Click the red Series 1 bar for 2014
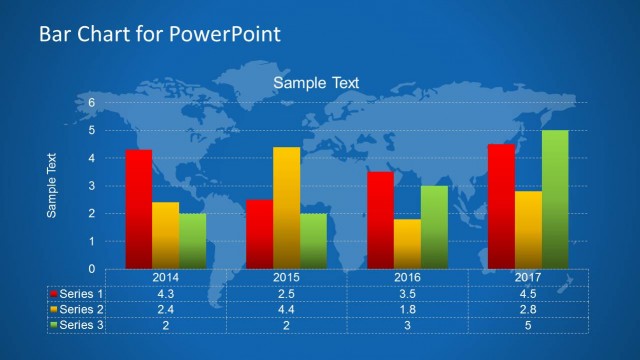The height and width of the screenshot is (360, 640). [x=139, y=209]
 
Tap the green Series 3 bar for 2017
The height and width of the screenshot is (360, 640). [x=555, y=199]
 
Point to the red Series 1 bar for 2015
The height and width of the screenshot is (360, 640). [x=259, y=234]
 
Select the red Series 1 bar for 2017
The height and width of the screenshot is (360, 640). [x=501, y=206]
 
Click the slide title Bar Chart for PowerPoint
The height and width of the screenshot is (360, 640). [x=159, y=34]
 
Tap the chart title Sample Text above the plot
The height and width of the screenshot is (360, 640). [x=316, y=83]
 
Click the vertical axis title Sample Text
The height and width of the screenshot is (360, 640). [x=52, y=185]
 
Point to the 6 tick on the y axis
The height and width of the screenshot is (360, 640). [x=90, y=102]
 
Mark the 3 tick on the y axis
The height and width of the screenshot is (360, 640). [x=90, y=186]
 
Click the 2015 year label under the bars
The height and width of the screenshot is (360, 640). [x=286, y=277]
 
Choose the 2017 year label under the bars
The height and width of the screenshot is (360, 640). [x=528, y=277]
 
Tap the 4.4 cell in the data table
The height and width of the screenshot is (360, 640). [x=286, y=309]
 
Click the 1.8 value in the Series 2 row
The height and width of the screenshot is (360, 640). [x=407, y=309]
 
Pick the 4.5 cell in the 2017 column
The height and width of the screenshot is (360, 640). [x=528, y=294]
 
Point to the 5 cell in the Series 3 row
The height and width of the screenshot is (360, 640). [x=528, y=325]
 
